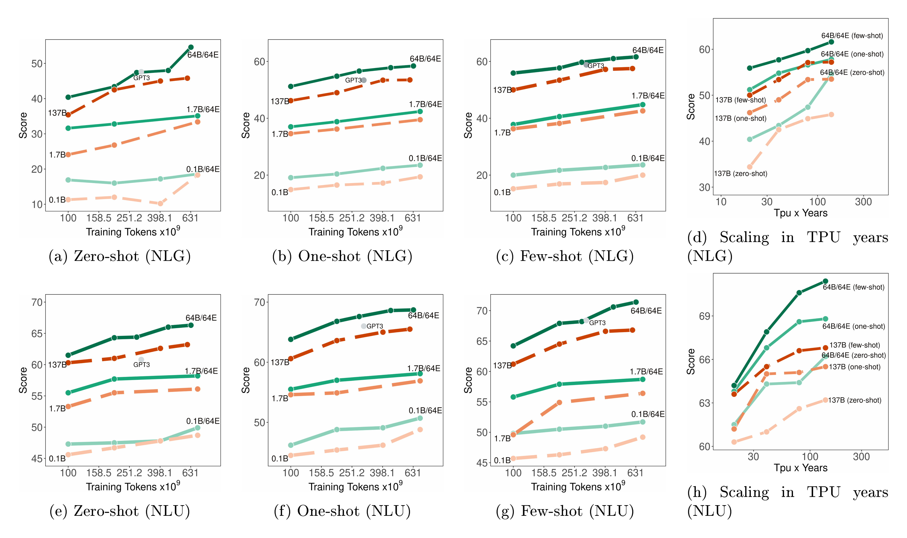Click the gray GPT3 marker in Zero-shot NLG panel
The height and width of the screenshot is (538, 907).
[141, 72]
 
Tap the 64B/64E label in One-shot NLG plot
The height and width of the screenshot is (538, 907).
[425, 59]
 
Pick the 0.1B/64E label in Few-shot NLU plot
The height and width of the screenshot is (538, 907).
[648, 414]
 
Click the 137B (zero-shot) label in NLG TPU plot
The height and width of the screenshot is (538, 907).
[741, 174]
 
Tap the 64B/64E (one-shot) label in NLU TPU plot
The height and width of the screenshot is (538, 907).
[853, 326]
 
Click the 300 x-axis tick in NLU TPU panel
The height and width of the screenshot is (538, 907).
[861, 457]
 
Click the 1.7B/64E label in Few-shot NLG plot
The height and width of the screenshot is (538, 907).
[648, 96]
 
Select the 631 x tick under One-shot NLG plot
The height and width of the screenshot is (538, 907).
[412, 218]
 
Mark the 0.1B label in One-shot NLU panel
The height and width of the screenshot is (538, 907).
[280, 459]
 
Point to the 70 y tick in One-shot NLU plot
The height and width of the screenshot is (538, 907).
[260, 302]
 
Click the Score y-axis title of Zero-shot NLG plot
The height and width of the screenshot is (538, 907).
[23, 125]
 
